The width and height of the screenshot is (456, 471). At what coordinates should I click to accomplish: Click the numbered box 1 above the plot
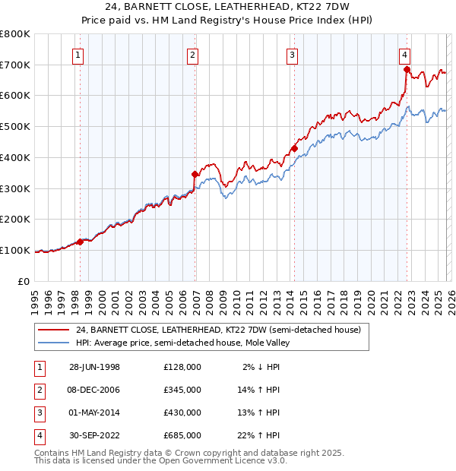(x=79, y=55)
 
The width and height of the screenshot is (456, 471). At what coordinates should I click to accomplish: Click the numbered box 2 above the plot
(x=193, y=55)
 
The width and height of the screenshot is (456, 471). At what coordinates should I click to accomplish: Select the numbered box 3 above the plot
(x=293, y=55)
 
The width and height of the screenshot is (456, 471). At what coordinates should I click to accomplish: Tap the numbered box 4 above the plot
(x=405, y=55)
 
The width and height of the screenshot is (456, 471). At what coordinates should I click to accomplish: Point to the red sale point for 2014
(x=294, y=149)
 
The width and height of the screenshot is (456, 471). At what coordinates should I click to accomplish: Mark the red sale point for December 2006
(x=195, y=175)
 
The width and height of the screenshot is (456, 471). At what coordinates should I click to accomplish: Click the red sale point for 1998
(x=81, y=242)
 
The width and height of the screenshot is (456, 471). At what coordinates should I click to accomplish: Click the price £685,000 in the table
(x=182, y=436)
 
